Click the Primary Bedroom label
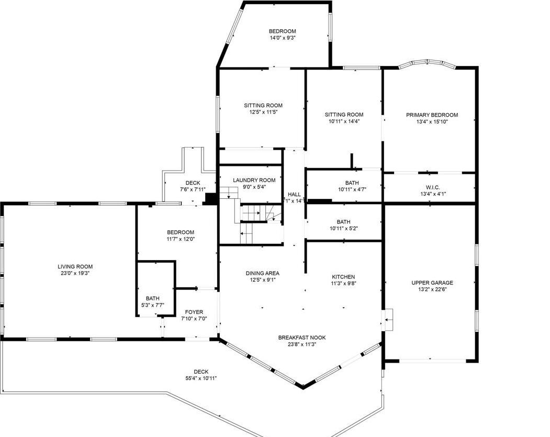[x=432, y=115]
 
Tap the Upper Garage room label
[x=432, y=283]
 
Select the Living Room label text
[x=75, y=266]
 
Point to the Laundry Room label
[x=254, y=180]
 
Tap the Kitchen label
[x=343, y=277]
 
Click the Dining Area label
[x=262, y=273]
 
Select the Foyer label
[x=194, y=312]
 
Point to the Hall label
[x=294, y=194]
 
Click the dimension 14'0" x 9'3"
[x=283, y=38]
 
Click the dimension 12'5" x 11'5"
[x=263, y=112]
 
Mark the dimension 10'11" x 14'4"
[x=344, y=121]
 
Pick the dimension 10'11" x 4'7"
[x=344, y=189]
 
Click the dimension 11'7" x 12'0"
[x=181, y=239]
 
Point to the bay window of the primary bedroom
[x=426, y=65]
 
